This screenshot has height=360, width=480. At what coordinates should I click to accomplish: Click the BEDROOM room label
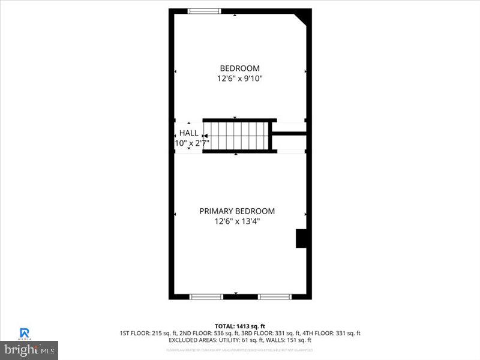(239, 68)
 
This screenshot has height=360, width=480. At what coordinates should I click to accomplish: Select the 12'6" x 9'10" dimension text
(239, 79)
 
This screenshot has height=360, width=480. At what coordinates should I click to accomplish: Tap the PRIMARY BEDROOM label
(237, 211)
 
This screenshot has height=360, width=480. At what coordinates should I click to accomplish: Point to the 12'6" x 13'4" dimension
(237, 221)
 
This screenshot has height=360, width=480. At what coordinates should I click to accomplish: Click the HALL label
(188, 133)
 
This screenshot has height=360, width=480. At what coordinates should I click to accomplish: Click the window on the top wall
(205, 11)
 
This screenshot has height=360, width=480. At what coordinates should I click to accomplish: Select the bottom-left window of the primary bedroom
(206, 296)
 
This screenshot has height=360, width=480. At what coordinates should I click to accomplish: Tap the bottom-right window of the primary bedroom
(275, 296)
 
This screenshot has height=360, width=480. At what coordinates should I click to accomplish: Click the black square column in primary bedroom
(301, 238)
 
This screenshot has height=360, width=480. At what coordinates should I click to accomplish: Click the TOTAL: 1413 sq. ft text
(239, 326)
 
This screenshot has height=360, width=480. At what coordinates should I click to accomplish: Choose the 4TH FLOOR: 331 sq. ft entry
(331, 333)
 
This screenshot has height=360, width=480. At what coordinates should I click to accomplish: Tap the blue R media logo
(25, 332)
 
